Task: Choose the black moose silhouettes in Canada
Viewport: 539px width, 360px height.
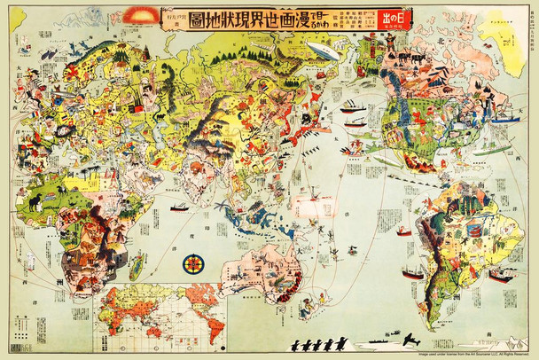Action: [x=399, y=63]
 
